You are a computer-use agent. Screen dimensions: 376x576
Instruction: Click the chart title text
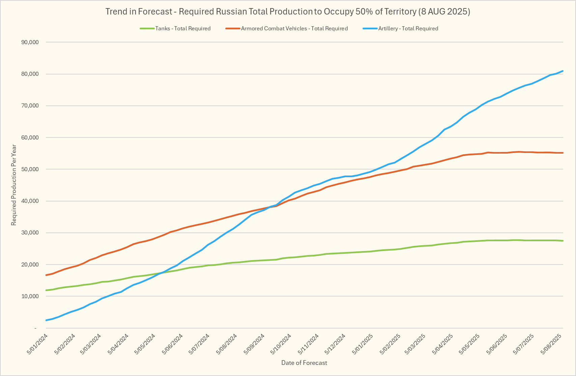click(x=288, y=12)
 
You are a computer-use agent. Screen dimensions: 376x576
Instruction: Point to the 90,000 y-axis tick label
click(x=30, y=42)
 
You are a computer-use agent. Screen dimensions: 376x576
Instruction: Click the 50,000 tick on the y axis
click(x=30, y=169)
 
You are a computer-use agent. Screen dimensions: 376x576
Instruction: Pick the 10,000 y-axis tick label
click(x=30, y=296)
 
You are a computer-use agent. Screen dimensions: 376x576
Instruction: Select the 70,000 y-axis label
click(x=30, y=106)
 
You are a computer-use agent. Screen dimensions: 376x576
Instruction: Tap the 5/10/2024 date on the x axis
click(x=281, y=344)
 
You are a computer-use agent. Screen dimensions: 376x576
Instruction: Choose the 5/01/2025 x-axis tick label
click(x=363, y=344)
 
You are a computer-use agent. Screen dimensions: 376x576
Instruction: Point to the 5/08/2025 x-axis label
click(x=551, y=344)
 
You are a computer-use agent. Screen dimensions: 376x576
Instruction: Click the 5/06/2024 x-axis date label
click(x=173, y=344)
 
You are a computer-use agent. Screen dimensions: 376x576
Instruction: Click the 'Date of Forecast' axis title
click(x=304, y=363)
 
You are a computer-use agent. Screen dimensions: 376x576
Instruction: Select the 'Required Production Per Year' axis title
click(x=14, y=185)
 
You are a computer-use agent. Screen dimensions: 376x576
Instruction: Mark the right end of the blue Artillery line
click(x=563, y=71)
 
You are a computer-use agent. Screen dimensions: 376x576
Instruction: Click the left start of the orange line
click(x=46, y=275)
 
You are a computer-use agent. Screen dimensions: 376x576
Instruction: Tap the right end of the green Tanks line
click(x=563, y=241)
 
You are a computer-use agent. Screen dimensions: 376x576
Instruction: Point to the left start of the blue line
click(x=46, y=320)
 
